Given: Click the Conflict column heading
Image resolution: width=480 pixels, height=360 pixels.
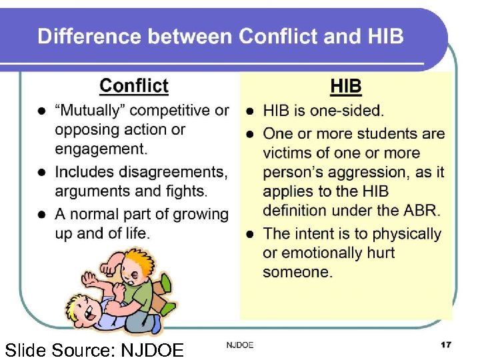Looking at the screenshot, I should click(133, 86).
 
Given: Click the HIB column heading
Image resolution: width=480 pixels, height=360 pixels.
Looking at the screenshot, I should click(346, 86).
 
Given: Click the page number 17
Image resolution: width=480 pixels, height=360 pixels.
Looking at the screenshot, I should click(445, 345).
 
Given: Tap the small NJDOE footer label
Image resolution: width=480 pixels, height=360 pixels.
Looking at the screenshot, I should click(240, 345).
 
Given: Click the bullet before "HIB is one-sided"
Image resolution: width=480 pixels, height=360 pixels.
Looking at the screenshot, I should click(249, 111).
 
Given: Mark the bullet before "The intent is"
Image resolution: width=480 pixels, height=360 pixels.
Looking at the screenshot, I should click(249, 234).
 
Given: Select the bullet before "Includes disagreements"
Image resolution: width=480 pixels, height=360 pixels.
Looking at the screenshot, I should click(41, 172).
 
